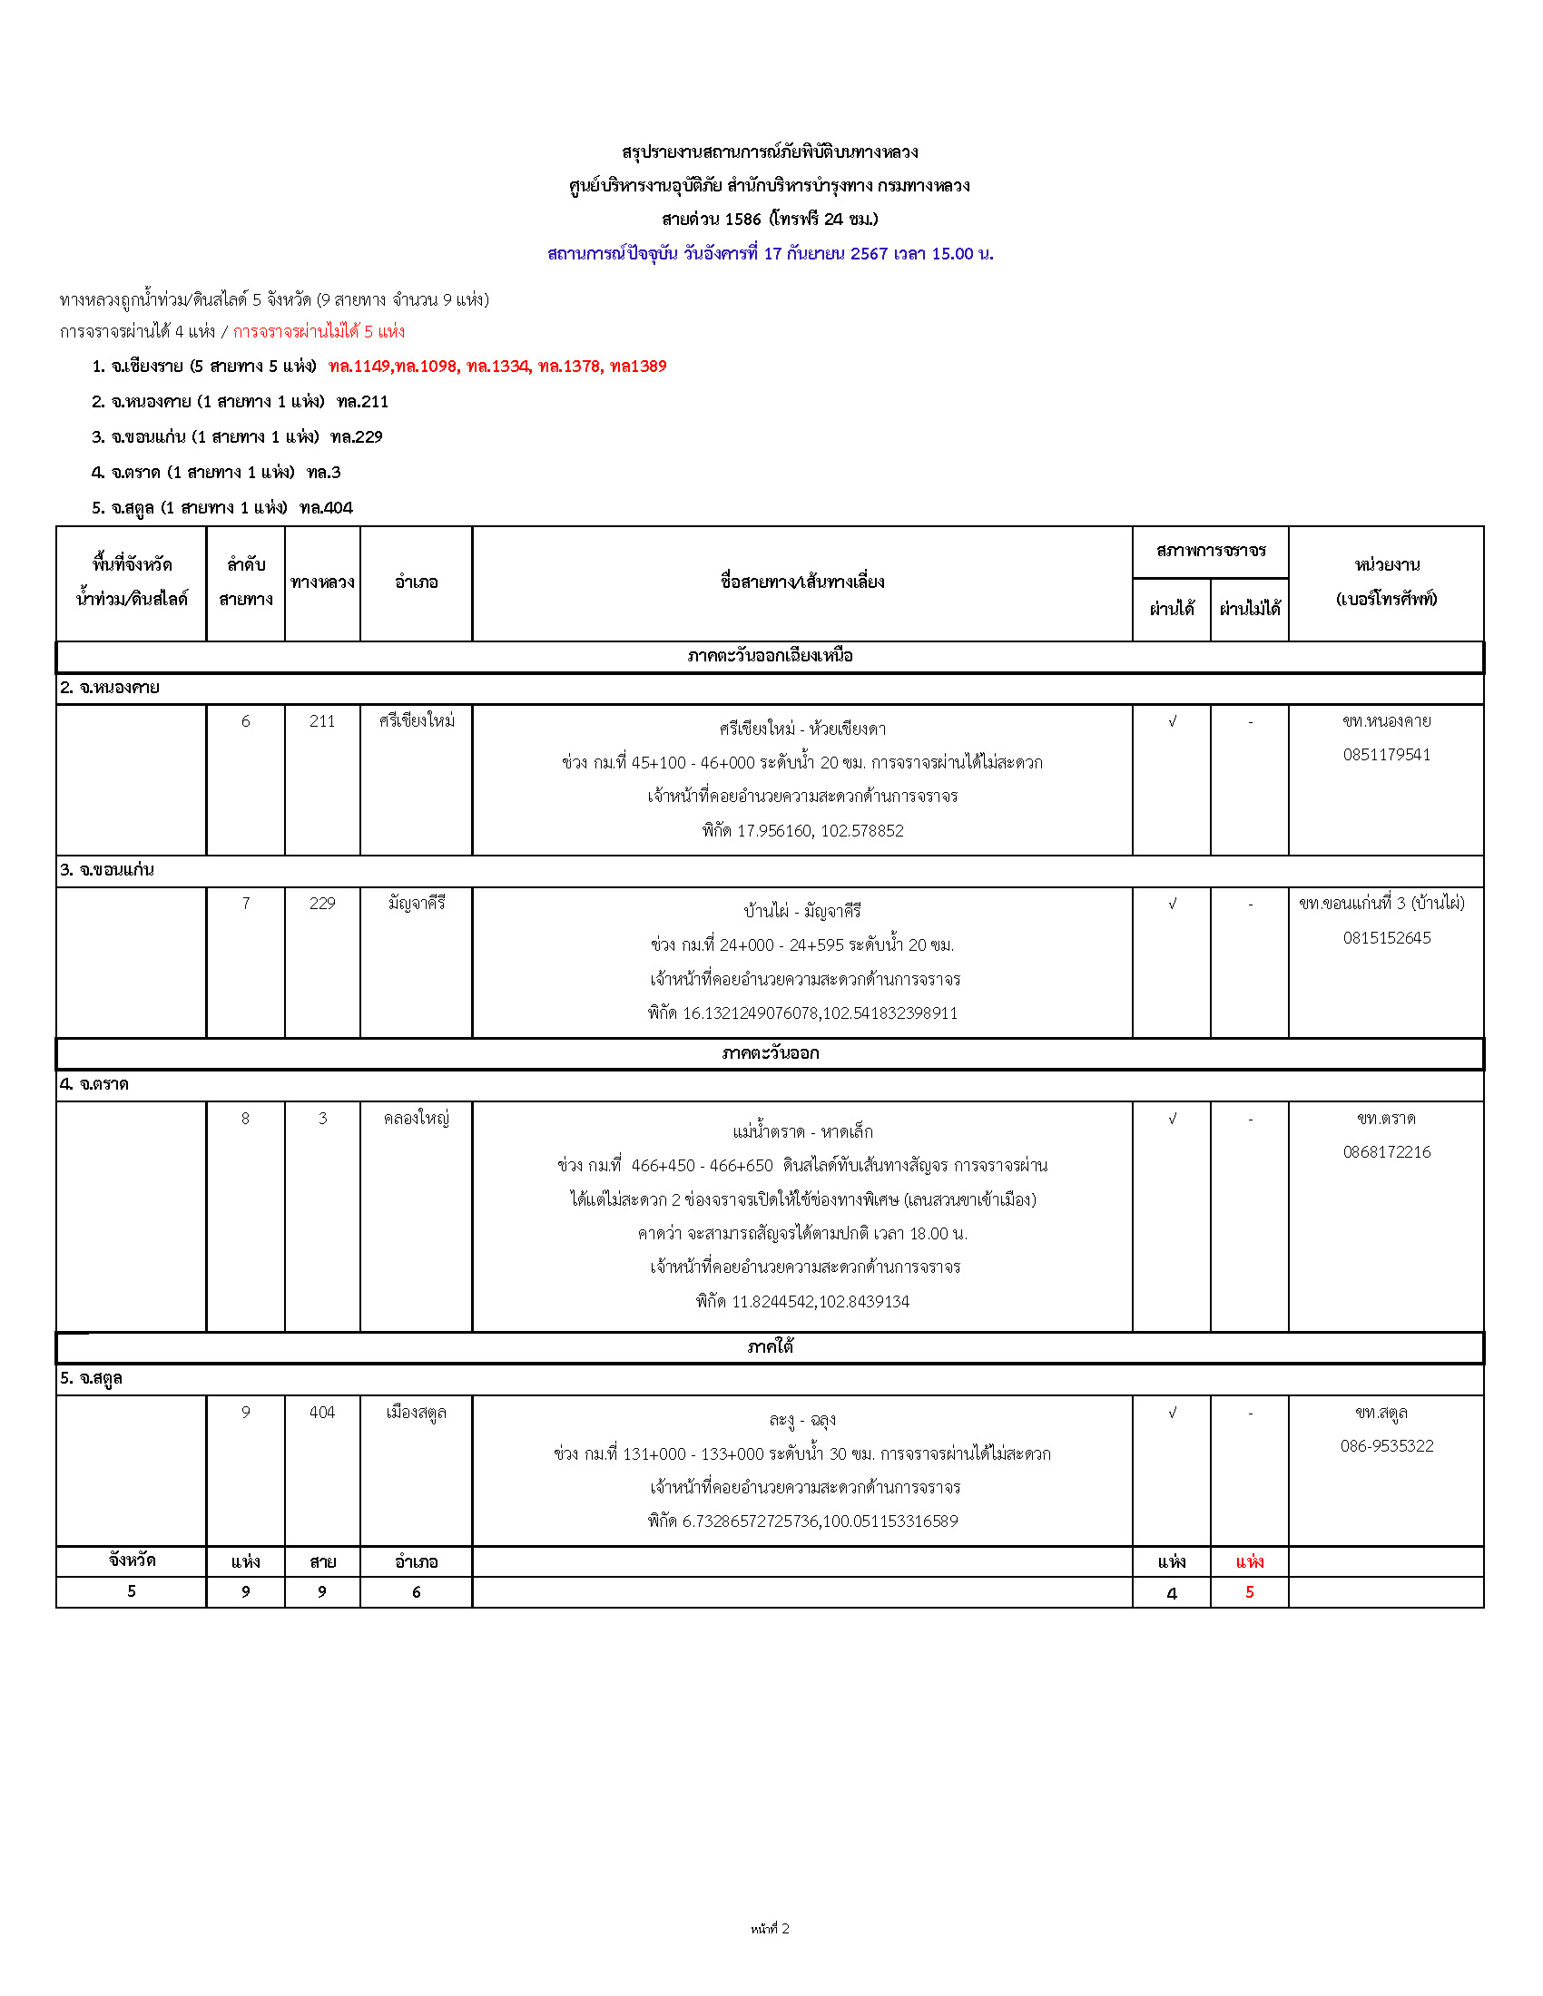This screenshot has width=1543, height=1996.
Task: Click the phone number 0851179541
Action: click(x=1386, y=755)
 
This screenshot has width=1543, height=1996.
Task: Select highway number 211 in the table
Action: click(x=322, y=721)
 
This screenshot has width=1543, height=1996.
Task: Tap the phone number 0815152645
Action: click(x=1386, y=938)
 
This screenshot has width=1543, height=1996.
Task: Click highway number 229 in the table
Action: click(x=322, y=903)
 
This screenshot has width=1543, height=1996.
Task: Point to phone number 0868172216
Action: click(x=1386, y=1152)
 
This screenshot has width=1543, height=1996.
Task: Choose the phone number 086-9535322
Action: click(x=1386, y=1446)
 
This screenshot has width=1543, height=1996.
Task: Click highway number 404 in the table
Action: click(x=322, y=1412)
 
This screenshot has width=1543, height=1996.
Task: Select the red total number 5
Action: click(x=1249, y=1592)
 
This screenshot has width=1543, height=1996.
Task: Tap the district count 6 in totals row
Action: click(x=416, y=1592)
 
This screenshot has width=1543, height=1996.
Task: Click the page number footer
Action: click(x=770, y=1928)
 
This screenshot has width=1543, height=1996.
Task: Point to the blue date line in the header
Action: click(x=770, y=254)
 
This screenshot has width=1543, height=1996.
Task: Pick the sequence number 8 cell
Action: click(x=245, y=1119)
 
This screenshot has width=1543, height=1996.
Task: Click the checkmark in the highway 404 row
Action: click(x=1172, y=1413)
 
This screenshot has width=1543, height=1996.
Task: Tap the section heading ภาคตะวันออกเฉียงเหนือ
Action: click(x=770, y=656)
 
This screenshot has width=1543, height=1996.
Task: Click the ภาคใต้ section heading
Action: click(x=770, y=1346)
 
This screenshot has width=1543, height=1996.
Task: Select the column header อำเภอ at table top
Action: click(x=416, y=582)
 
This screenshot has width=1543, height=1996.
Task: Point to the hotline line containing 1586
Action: click(x=770, y=220)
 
